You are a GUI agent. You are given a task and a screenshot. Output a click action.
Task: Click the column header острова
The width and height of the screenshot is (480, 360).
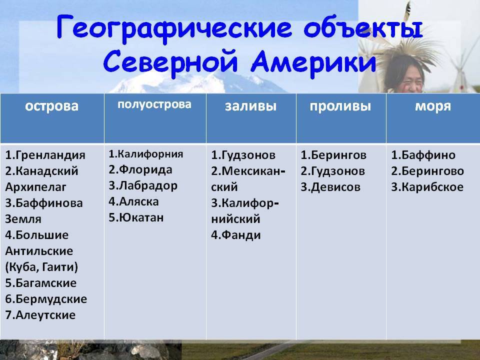(x=51, y=106)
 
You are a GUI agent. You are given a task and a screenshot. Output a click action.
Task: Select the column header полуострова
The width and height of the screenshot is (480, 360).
(x=154, y=104)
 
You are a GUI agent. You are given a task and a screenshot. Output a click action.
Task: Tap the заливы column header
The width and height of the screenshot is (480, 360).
(x=250, y=106)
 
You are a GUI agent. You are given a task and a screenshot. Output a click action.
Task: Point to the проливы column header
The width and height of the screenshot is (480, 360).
(x=340, y=106)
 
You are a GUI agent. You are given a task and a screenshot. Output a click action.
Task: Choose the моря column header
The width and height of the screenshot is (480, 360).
(x=433, y=106)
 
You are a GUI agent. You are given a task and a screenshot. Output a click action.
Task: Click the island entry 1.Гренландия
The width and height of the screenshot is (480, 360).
(x=45, y=155)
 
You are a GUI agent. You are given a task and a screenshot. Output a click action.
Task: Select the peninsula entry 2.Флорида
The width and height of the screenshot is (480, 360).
(x=140, y=169)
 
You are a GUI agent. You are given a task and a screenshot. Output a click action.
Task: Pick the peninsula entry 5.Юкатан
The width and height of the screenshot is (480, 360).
(x=136, y=217)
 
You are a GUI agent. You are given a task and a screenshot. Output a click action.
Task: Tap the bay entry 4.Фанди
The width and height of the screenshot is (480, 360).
(x=236, y=235)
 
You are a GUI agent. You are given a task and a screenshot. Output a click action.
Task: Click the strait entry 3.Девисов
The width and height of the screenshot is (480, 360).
(x=330, y=187)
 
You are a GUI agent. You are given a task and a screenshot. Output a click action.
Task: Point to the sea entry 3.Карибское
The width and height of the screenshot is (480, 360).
(x=427, y=187)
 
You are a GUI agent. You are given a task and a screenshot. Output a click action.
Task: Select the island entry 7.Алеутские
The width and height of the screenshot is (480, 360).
(x=40, y=315)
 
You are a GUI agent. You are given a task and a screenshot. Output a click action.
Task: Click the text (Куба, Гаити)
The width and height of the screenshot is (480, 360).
(x=41, y=267)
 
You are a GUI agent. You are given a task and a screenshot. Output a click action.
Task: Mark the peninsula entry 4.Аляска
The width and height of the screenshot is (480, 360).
(x=134, y=201)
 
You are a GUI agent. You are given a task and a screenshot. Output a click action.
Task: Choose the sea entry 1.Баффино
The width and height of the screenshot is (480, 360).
(x=423, y=155)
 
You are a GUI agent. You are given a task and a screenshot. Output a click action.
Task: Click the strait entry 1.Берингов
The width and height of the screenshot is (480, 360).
(x=333, y=155)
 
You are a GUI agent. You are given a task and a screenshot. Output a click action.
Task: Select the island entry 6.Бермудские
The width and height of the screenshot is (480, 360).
(x=46, y=299)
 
